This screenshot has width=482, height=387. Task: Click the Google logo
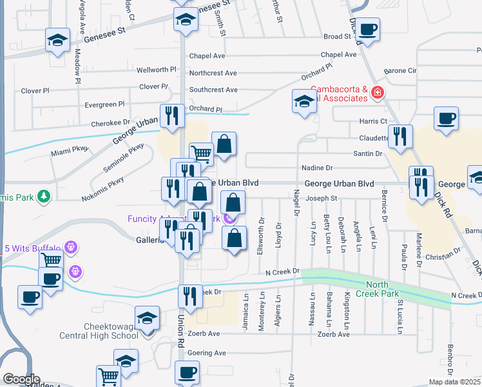click(21, 379)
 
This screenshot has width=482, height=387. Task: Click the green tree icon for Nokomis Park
click(44, 195)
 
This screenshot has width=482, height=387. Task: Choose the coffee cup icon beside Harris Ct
click(446, 119)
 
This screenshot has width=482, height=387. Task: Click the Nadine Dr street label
click(317, 168)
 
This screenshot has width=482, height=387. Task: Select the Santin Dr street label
click(367, 154)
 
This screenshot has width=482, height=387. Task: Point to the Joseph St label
click(322, 198)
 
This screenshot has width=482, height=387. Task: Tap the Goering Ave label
click(207, 353)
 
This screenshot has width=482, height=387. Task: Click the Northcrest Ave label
click(213, 74)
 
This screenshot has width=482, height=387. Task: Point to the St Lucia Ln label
click(400, 316)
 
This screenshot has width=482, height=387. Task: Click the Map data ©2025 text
click(454, 382)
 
